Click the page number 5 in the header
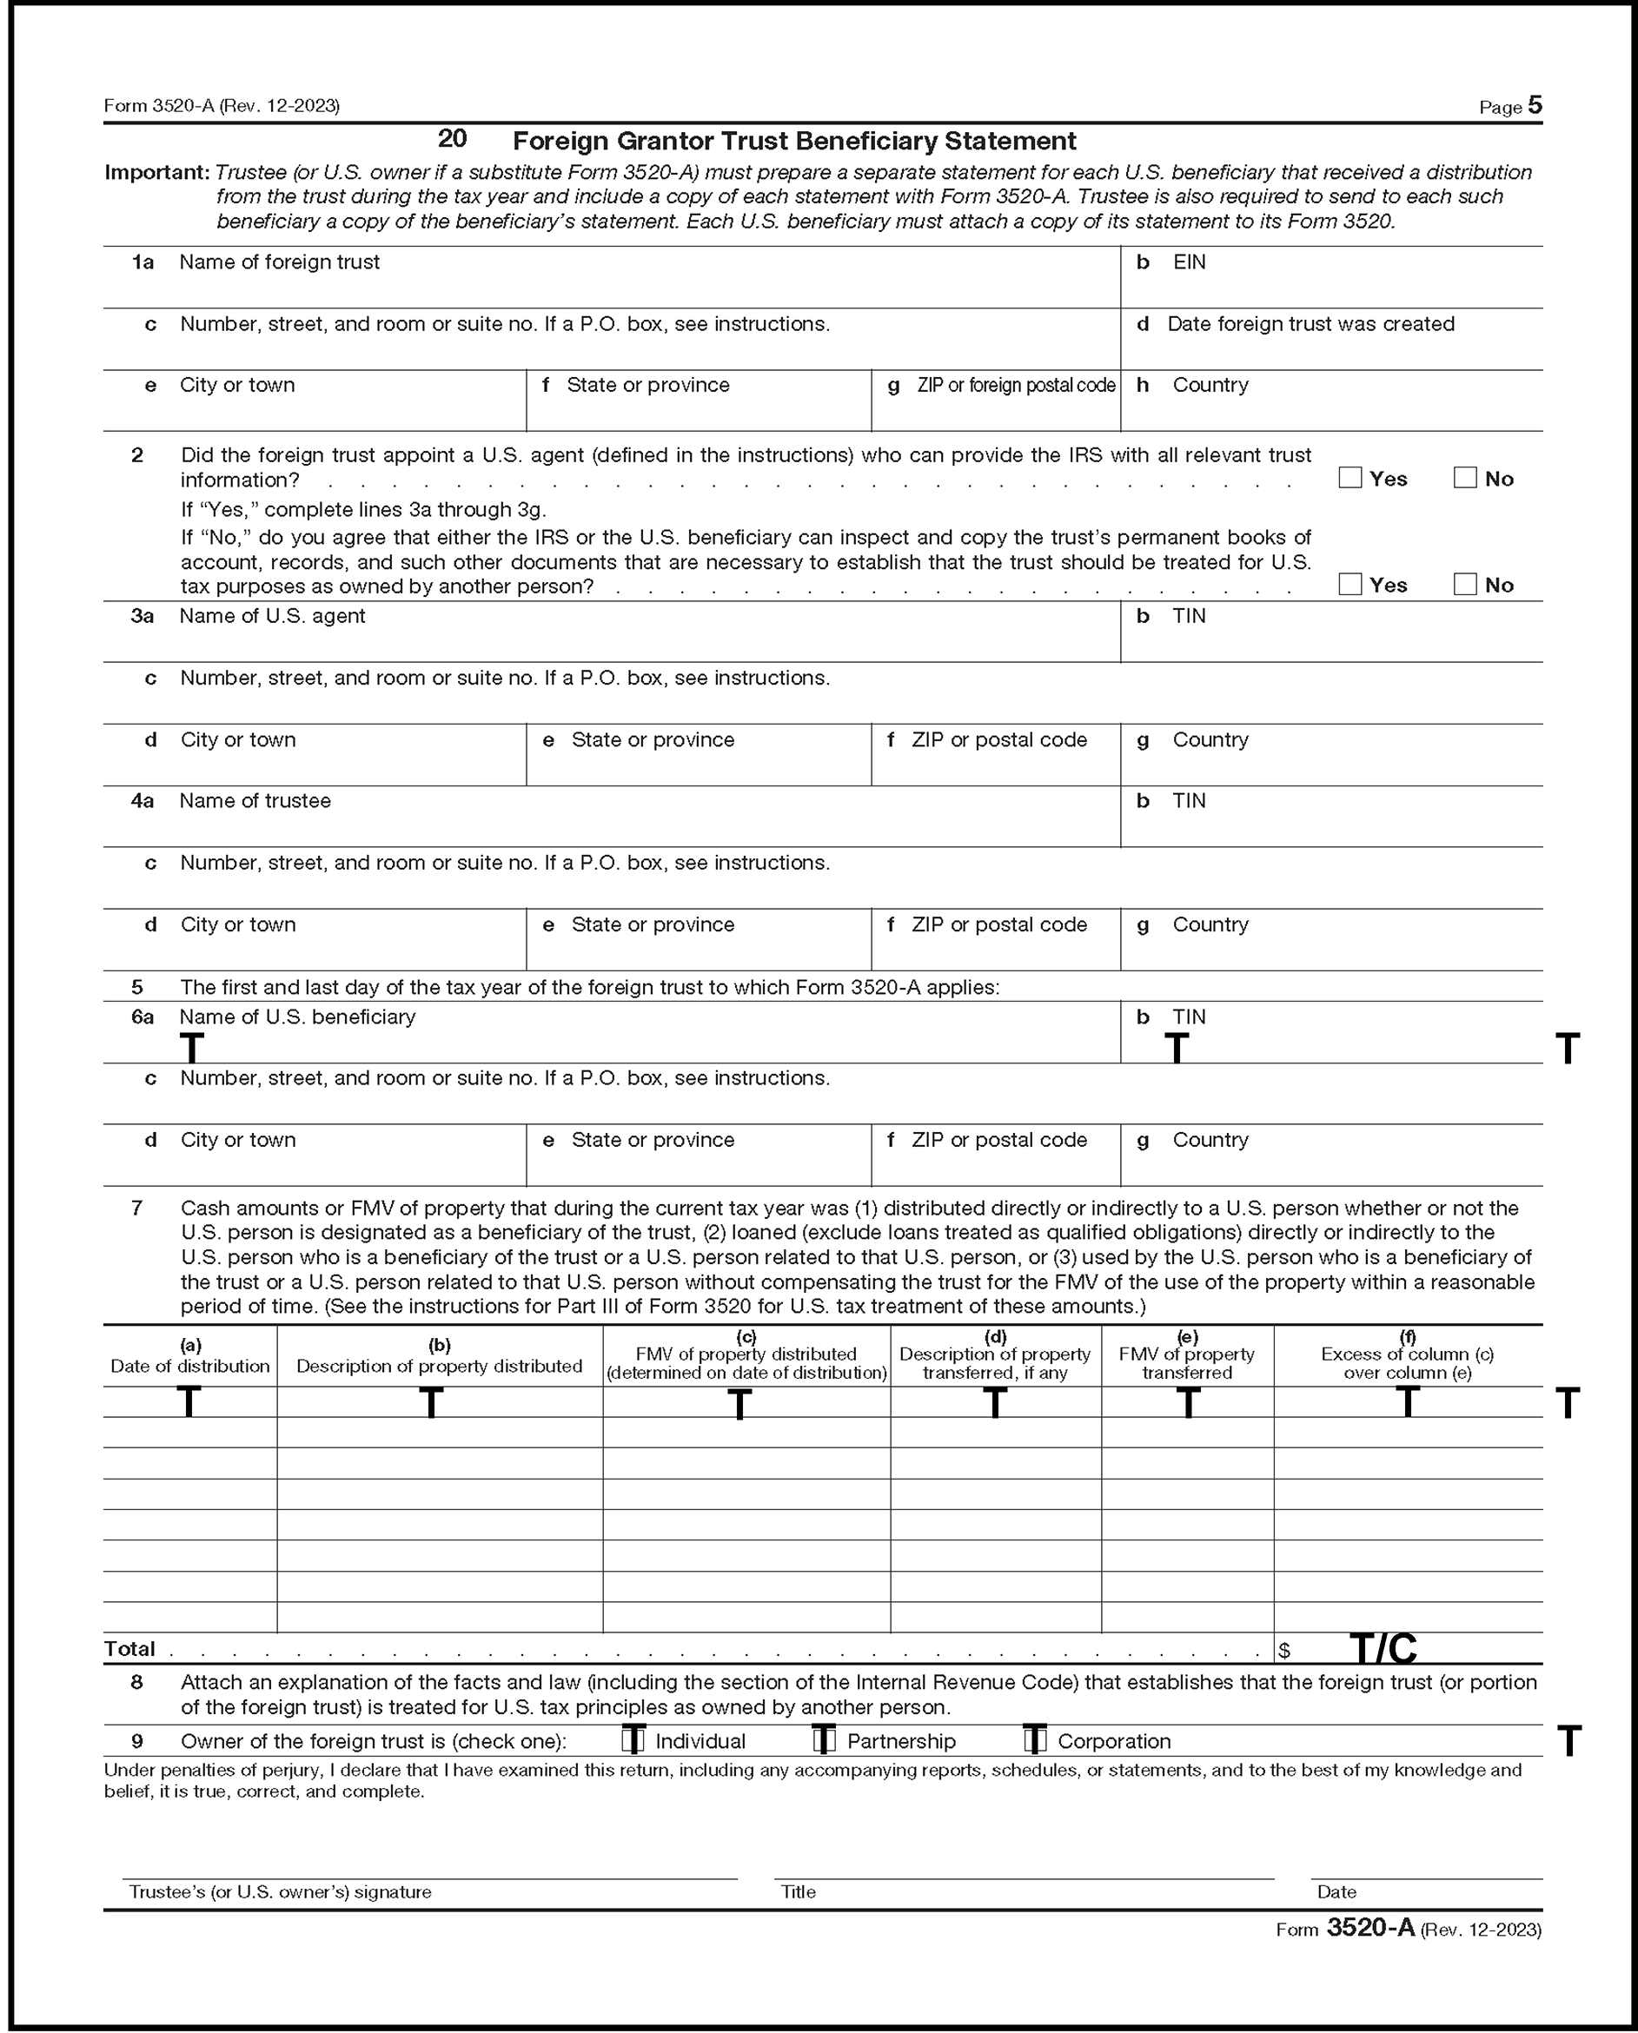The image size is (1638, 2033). click(1535, 105)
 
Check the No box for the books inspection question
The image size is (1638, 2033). click(1464, 584)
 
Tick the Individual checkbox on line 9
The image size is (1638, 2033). click(634, 1739)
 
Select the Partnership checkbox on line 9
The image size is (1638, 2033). click(825, 1739)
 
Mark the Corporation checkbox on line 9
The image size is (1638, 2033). click(1035, 1739)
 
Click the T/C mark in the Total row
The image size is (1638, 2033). click(1383, 1649)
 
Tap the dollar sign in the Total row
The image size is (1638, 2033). click(1284, 1651)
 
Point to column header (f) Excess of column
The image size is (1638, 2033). click(1407, 1355)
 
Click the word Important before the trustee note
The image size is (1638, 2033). click(156, 173)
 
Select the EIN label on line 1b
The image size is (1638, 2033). click(1189, 262)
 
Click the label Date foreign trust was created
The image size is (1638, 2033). click(1310, 323)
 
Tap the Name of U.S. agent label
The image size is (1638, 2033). click(272, 616)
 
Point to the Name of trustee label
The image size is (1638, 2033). click(255, 801)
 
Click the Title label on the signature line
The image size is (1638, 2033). click(799, 1891)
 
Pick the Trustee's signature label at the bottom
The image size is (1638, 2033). click(280, 1891)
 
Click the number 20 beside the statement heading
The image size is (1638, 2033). click(452, 139)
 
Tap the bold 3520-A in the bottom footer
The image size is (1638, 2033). click(1370, 1927)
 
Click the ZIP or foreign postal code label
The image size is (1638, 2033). click(1015, 385)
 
